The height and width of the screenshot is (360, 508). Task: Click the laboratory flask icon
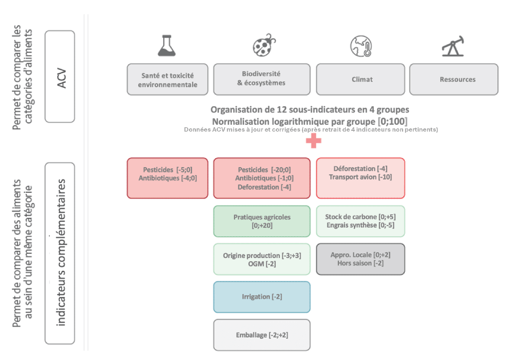[167, 46]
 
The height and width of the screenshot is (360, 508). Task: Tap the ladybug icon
[264, 45]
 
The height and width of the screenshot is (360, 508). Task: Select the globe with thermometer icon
[361, 46]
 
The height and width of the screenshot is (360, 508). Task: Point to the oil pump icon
[453, 46]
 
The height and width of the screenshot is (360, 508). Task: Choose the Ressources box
[454, 79]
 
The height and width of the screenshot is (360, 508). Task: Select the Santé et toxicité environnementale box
[167, 80]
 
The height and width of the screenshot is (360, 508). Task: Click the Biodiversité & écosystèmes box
[262, 79]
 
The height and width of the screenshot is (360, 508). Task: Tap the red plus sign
[314, 141]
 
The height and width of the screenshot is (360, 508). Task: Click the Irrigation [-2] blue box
[262, 297]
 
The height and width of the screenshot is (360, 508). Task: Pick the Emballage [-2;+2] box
[262, 335]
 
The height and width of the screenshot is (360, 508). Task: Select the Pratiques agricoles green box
[262, 221]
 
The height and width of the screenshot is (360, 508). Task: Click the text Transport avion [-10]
[360, 177]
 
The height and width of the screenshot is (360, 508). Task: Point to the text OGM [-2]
[262, 264]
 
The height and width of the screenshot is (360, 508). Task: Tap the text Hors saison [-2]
[360, 263]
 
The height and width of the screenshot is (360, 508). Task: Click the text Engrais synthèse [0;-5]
[360, 225]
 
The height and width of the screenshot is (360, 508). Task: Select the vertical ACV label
[61, 78]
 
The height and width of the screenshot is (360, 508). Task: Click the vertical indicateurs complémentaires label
[61, 253]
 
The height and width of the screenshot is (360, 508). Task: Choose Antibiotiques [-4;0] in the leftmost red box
[168, 178]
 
